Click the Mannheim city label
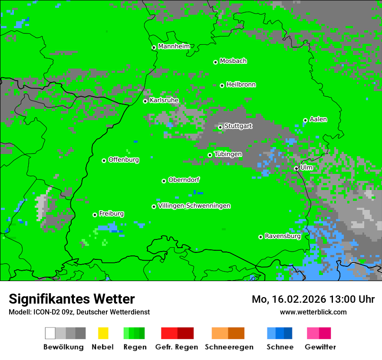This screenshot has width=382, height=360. [x=174, y=46]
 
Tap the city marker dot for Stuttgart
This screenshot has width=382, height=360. [x=221, y=127]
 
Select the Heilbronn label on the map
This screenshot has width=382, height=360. [x=241, y=85]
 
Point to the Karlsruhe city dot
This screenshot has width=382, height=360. [x=145, y=101]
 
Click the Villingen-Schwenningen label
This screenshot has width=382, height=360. [x=194, y=206]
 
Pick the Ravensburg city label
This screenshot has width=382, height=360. [x=283, y=236]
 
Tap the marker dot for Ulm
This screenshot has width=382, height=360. [x=296, y=169]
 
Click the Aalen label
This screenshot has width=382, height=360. [x=318, y=119]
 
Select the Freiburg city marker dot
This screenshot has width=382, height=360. [x=95, y=215]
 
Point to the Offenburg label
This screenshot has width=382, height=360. [x=124, y=160]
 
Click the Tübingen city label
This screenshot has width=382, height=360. [x=228, y=154]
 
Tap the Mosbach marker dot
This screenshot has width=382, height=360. [x=215, y=62]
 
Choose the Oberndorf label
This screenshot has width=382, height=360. [x=184, y=180]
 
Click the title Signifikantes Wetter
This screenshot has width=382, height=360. [x=72, y=299]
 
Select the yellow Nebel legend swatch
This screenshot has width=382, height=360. [x=103, y=333]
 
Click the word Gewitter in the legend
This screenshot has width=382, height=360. [x=320, y=347]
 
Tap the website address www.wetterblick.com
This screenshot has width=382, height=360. [x=313, y=312]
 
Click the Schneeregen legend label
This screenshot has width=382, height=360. [x=229, y=347]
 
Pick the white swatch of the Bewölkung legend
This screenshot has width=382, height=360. [x=50, y=333]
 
